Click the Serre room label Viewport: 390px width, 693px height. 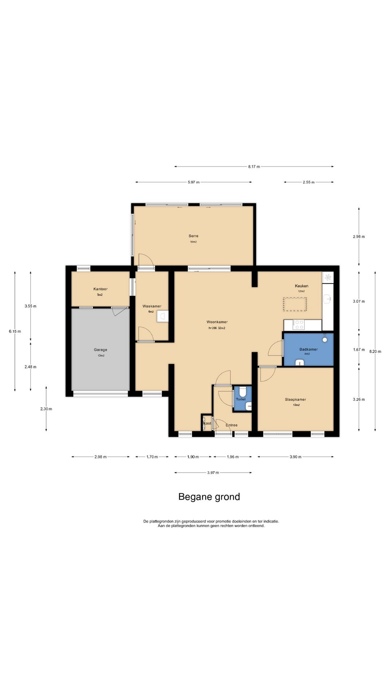click(x=193, y=236)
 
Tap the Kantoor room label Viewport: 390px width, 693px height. click(x=100, y=289)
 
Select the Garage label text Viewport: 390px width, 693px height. click(x=100, y=350)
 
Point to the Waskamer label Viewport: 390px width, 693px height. click(x=152, y=306)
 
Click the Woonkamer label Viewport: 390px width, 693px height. click(x=217, y=322)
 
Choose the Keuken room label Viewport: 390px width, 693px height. click(x=302, y=286)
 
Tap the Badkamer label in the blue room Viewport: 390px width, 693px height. click(x=308, y=349)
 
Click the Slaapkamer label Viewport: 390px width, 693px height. click(x=295, y=400)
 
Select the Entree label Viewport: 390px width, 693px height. click(x=231, y=425)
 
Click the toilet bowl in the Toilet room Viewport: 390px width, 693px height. click(x=242, y=391)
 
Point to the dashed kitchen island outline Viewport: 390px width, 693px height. click(x=295, y=304)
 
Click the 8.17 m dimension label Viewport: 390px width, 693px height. click(x=254, y=167)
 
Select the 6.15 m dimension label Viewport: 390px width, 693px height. click(x=15, y=331)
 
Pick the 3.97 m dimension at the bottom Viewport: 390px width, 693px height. click(x=213, y=472)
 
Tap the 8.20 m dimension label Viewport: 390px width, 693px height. click(x=375, y=351)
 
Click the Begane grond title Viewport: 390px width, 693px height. click(x=209, y=497)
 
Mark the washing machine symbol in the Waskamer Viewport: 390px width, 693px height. click(x=162, y=316)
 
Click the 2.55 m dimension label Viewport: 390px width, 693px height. click(x=308, y=182)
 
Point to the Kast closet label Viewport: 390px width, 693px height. click(x=207, y=423)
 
